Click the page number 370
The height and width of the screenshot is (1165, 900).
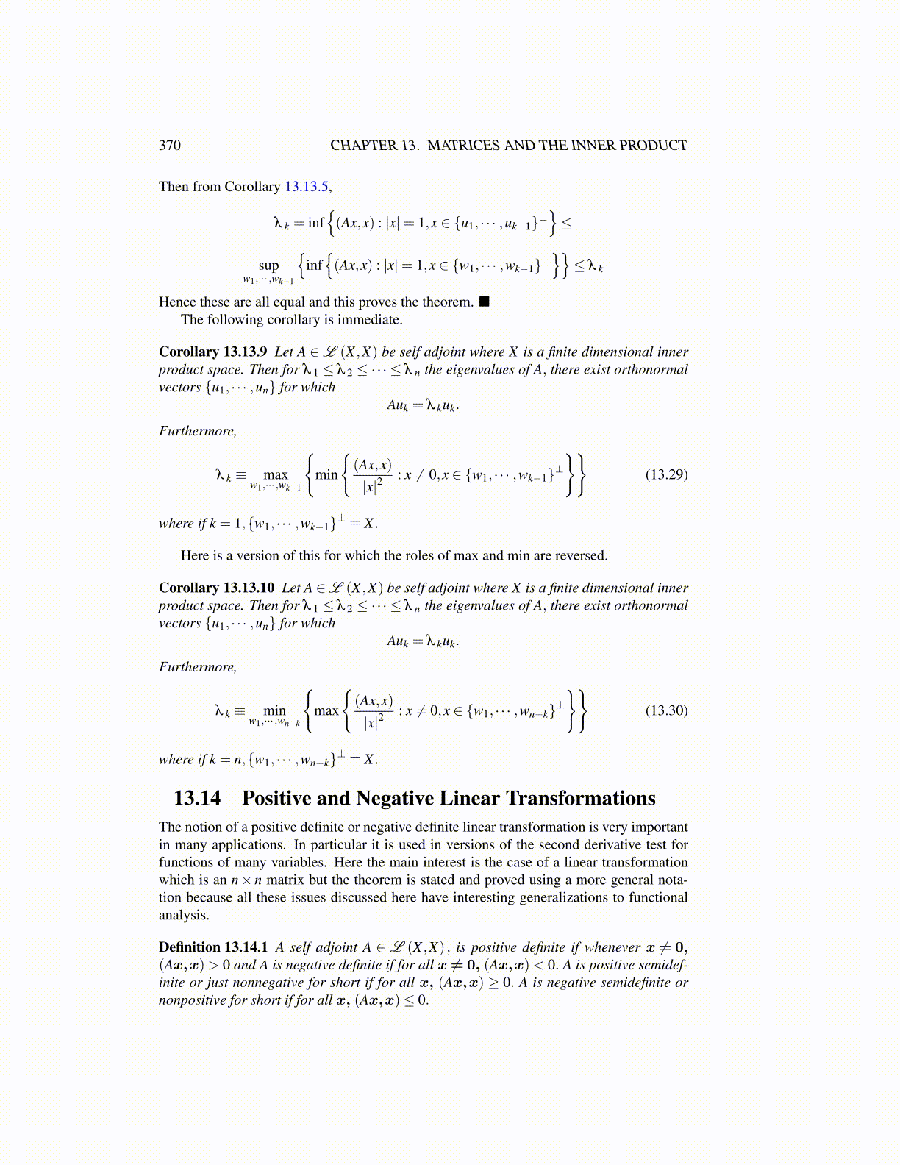pos(169,146)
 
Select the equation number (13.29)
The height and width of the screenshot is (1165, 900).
pos(666,474)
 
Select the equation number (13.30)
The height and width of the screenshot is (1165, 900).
pos(666,710)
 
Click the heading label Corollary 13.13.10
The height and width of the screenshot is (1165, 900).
pos(216,588)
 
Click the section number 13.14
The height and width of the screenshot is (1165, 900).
pos(197,799)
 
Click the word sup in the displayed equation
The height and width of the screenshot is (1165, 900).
pos(268,266)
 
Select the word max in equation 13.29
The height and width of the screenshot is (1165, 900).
pos(276,475)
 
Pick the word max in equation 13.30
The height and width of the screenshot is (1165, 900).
pos(326,710)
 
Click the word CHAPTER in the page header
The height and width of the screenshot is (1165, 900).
pos(363,146)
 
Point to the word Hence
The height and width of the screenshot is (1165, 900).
pos(177,302)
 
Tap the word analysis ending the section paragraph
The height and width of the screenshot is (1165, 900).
pos(183,916)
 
